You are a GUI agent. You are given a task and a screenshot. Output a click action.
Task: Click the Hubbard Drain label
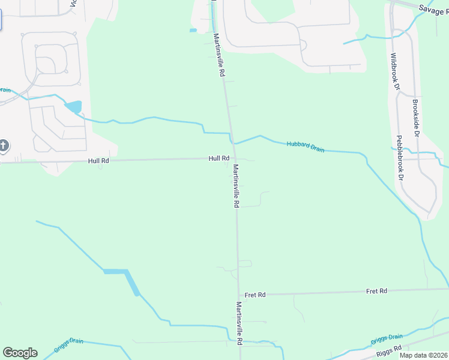click(306, 146)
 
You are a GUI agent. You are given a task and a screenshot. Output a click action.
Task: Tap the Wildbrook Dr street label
click(394, 72)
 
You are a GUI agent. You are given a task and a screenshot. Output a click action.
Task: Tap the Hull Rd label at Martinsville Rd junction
click(219, 158)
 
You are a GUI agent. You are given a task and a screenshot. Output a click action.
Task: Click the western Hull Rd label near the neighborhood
click(98, 161)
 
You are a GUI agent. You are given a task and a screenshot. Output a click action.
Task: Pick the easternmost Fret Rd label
click(376, 291)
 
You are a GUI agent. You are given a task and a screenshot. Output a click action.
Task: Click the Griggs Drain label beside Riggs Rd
click(387, 338)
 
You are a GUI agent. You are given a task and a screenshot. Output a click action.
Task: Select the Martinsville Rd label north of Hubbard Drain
click(219, 54)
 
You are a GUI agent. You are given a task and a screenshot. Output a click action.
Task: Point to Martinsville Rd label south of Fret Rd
click(239, 323)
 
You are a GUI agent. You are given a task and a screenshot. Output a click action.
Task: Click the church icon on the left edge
click(4, 146)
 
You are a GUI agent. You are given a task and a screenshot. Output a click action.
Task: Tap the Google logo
click(20, 353)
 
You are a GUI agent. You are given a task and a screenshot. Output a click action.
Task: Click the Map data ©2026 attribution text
click(423, 355)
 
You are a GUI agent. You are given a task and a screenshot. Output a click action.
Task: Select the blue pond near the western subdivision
click(74, 107)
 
